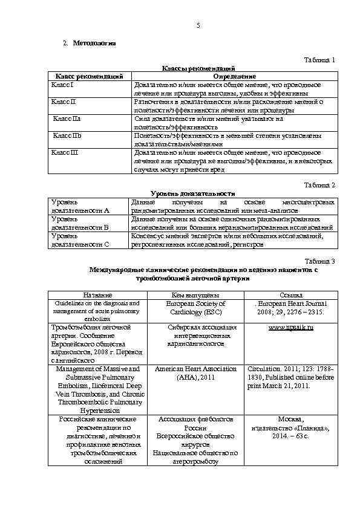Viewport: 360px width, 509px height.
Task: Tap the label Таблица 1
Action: tap(319, 60)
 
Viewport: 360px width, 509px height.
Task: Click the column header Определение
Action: tap(234, 76)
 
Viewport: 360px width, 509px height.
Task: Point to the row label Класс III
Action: tap(65, 153)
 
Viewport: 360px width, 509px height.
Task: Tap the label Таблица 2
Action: tap(319, 184)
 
